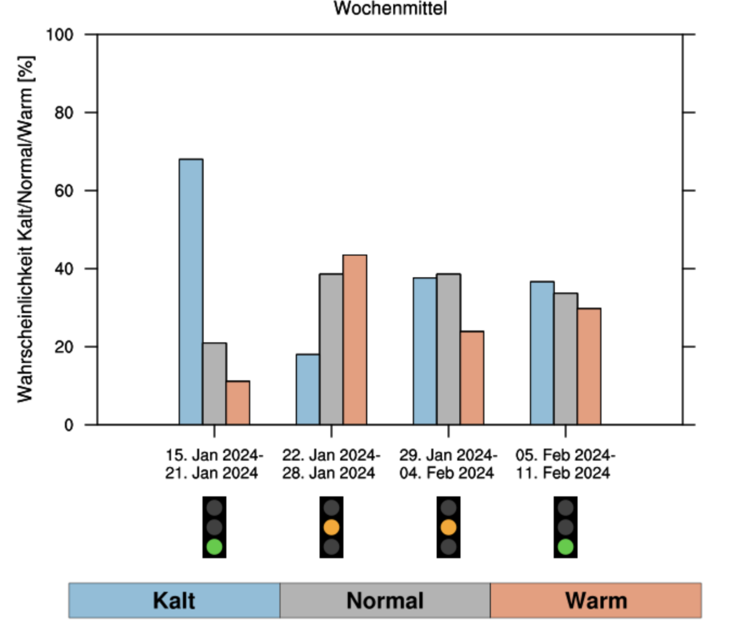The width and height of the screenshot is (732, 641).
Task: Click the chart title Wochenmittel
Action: coord(390,9)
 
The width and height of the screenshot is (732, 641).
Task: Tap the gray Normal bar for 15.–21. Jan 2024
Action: coord(214,384)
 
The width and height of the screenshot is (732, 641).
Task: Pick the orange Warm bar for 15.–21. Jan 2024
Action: coord(238,403)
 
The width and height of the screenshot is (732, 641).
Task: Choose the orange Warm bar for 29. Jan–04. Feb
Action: coord(472,378)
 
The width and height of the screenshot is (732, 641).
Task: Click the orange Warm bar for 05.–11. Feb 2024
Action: coord(589,366)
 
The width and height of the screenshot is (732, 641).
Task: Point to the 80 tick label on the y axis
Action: coord(63,113)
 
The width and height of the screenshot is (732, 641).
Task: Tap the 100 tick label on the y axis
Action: coord(60,35)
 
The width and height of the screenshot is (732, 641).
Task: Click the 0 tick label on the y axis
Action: coord(69,425)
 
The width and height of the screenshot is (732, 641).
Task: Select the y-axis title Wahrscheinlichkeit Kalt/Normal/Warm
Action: coord(25,230)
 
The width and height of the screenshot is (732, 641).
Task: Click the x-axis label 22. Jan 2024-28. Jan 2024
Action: coord(330,465)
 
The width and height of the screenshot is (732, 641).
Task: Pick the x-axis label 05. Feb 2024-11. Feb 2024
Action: coord(564,465)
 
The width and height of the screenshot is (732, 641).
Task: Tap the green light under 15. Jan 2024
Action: coord(214,546)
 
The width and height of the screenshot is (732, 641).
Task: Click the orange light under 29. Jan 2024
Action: coord(448,527)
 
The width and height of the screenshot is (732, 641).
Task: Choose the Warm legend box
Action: coord(595,601)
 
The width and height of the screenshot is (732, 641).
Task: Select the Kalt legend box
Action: coord(174,601)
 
